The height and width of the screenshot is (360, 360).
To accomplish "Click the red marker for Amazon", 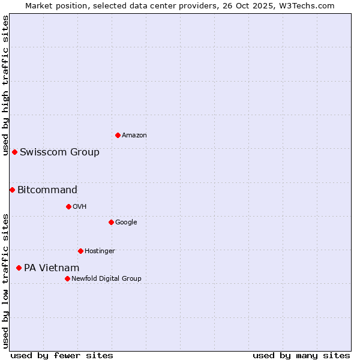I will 118,135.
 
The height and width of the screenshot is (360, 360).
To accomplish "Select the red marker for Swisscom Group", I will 14,152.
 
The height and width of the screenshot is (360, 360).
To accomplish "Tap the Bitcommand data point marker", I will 12,190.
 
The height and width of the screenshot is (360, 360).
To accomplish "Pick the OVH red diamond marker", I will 68,206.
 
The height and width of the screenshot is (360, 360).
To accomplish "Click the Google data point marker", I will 111,222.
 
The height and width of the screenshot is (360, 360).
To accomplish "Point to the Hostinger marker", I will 80,251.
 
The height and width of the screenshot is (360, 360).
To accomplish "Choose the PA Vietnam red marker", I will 19,268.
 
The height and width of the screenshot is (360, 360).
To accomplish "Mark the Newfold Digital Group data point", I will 67,278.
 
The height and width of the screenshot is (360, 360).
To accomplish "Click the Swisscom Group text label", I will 59,152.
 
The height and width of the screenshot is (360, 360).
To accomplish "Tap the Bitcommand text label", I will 47,190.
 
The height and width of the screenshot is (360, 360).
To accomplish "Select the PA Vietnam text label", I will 52,268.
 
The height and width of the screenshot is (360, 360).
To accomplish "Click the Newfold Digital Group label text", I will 106,278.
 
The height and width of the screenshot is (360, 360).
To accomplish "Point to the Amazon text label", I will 134,136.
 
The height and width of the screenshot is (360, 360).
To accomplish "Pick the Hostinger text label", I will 100,251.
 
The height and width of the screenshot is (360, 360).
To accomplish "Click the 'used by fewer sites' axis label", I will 62,355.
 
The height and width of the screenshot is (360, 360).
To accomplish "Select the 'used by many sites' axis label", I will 301,355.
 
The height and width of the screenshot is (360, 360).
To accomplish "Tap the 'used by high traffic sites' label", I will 5,85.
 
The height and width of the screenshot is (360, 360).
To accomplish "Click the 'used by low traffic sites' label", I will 5,281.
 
